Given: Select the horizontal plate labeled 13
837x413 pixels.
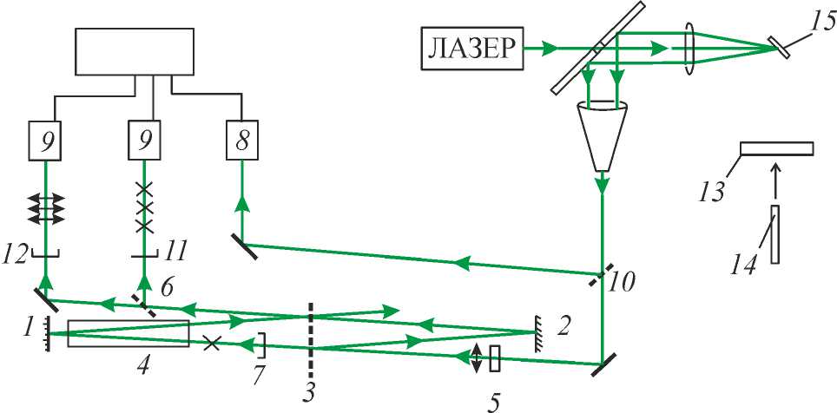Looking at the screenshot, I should point(777,148).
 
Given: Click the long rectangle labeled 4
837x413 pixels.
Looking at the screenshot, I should point(128,333).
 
